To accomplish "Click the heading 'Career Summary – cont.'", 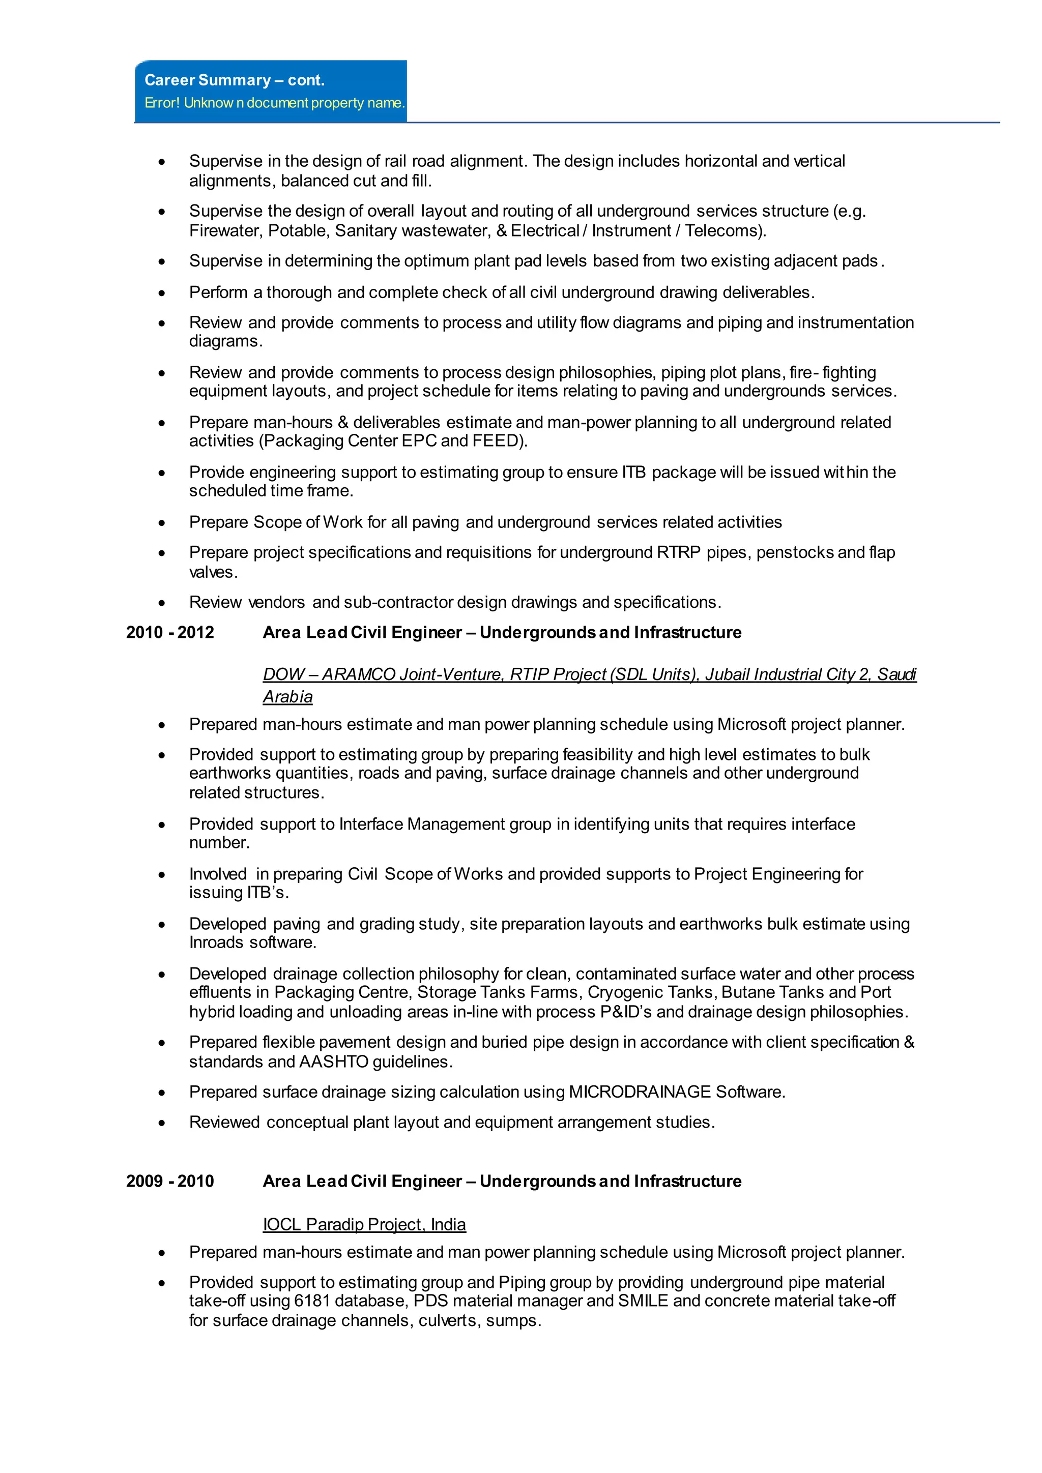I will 234,80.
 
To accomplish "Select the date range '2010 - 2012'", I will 170,633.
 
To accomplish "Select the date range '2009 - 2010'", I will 170,1181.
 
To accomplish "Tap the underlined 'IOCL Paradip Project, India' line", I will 364,1224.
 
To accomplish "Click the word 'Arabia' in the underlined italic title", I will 287,697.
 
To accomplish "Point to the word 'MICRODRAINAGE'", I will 640,1092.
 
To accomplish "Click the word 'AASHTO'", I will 334,1062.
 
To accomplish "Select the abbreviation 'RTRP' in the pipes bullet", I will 679,552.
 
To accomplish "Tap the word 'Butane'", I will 746,992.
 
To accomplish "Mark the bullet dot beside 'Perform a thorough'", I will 162,293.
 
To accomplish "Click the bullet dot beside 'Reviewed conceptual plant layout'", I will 162,1123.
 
